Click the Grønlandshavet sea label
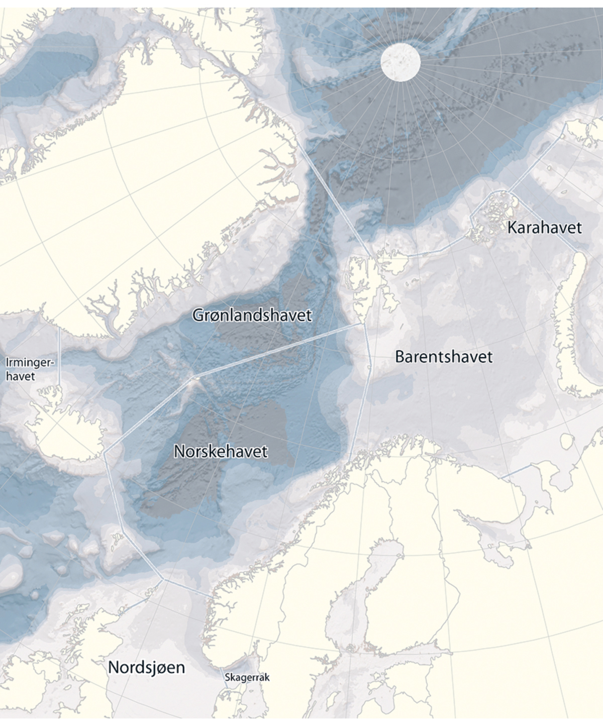pyautogui.click(x=252, y=316)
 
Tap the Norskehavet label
pyautogui.click(x=221, y=451)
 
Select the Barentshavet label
pyautogui.click(x=444, y=357)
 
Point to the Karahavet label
pyautogui.click(x=544, y=227)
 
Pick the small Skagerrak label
pyautogui.click(x=247, y=677)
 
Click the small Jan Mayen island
pyautogui.click(x=195, y=378)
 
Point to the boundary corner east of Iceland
pyautogui.click(x=106, y=454)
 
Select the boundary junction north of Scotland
pyautogui.click(x=163, y=579)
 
